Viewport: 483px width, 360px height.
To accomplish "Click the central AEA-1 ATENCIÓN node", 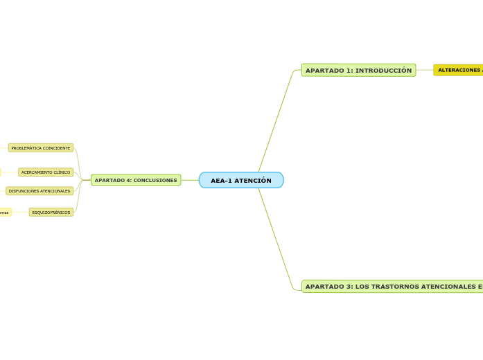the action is [x=241, y=180].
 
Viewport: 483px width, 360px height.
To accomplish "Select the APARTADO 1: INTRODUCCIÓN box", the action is [x=358, y=70].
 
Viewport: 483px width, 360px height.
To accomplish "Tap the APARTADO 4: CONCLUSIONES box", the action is [x=136, y=180].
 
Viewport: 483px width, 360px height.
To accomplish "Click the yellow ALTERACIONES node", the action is [x=458, y=70].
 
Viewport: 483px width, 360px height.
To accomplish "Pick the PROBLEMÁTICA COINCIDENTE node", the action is [x=41, y=148].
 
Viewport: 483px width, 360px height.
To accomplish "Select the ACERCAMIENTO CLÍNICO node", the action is [x=46, y=172].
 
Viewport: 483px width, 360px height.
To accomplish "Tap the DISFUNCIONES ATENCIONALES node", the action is [x=39, y=191].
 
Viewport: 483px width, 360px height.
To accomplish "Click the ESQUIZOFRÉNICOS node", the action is [x=51, y=213].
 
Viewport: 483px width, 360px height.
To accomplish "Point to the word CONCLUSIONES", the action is [x=156, y=180].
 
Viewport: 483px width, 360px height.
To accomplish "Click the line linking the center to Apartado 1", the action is [x=275, y=121].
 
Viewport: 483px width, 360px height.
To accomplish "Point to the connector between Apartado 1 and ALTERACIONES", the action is [x=425, y=70].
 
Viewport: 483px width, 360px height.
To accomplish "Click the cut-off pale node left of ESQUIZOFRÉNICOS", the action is [x=5, y=213].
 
